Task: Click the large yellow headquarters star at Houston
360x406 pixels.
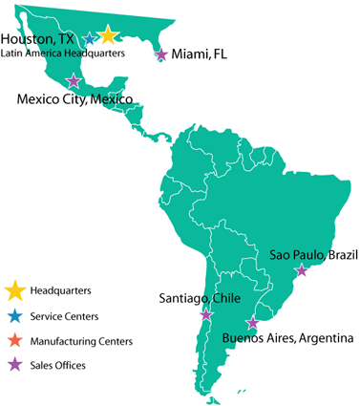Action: [x=107, y=36]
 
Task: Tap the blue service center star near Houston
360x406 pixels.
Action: [x=90, y=39]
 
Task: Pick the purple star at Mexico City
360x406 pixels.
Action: [x=74, y=81]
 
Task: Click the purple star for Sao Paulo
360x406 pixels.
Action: [x=302, y=270]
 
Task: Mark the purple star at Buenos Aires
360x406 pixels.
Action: [x=252, y=323]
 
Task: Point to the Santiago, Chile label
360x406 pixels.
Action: [x=199, y=298]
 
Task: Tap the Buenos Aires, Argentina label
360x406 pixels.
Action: [x=287, y=338]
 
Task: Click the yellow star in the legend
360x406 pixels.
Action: [x=13, y=288]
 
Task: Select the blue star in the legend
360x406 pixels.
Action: [x=13, y=315]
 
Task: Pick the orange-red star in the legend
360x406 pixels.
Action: [x=13, y=339]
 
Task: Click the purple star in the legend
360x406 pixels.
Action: [x=13, y=364]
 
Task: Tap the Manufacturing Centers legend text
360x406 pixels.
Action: [x=80, y=340]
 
